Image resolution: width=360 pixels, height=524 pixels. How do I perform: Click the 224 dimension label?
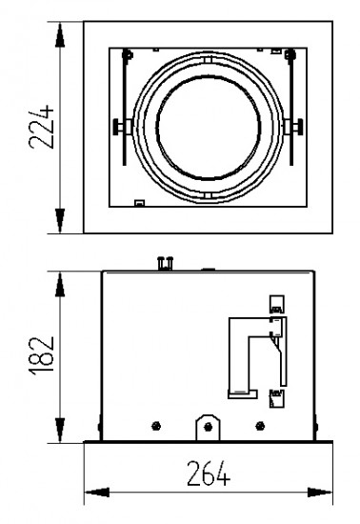click(41, 127)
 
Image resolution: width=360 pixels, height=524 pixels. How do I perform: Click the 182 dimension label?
click(41, 355)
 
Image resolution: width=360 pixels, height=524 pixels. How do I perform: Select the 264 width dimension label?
click(209, 474)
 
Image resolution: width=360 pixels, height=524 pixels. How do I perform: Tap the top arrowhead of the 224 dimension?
click(60, 34)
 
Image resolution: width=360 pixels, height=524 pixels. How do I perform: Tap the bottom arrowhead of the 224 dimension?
click(60, 221)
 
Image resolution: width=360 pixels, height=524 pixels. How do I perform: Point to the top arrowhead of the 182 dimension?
click(60, 285)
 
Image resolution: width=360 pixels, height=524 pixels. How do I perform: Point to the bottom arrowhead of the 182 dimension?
click(60, 430)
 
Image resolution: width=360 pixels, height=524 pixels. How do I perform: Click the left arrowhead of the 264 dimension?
click(97, 493)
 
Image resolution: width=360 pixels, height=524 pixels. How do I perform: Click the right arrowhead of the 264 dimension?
click(320, 493)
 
